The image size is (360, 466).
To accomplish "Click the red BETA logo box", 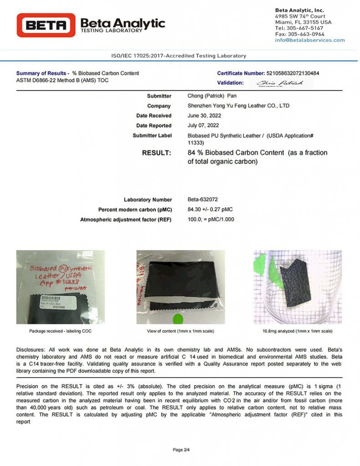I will (x=46, y=25).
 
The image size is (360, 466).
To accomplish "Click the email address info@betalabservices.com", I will (x=309, y=40).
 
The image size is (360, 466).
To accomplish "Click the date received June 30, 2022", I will (x=204, y=116).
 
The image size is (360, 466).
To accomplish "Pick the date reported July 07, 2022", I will (x=203, y=126).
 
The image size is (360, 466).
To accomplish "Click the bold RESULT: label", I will (x=157, y=153).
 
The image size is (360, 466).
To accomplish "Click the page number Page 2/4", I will (x=181, y=450).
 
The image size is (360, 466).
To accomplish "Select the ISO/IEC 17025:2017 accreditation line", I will (x=179, y=56).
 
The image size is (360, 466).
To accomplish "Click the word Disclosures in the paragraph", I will (x=31, y=349).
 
